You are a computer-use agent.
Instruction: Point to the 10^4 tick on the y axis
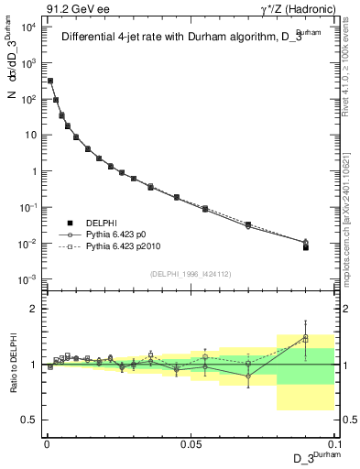[27, 27]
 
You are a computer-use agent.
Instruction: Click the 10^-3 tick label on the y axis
[27, 279]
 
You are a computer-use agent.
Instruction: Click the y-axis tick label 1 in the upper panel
[32, 171]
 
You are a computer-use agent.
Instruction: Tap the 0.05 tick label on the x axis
[191, 443]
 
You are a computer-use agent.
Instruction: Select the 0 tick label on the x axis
[47, 443]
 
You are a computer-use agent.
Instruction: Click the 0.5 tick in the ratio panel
[30, 420]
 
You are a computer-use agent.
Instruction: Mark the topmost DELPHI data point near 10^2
[50, 82]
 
